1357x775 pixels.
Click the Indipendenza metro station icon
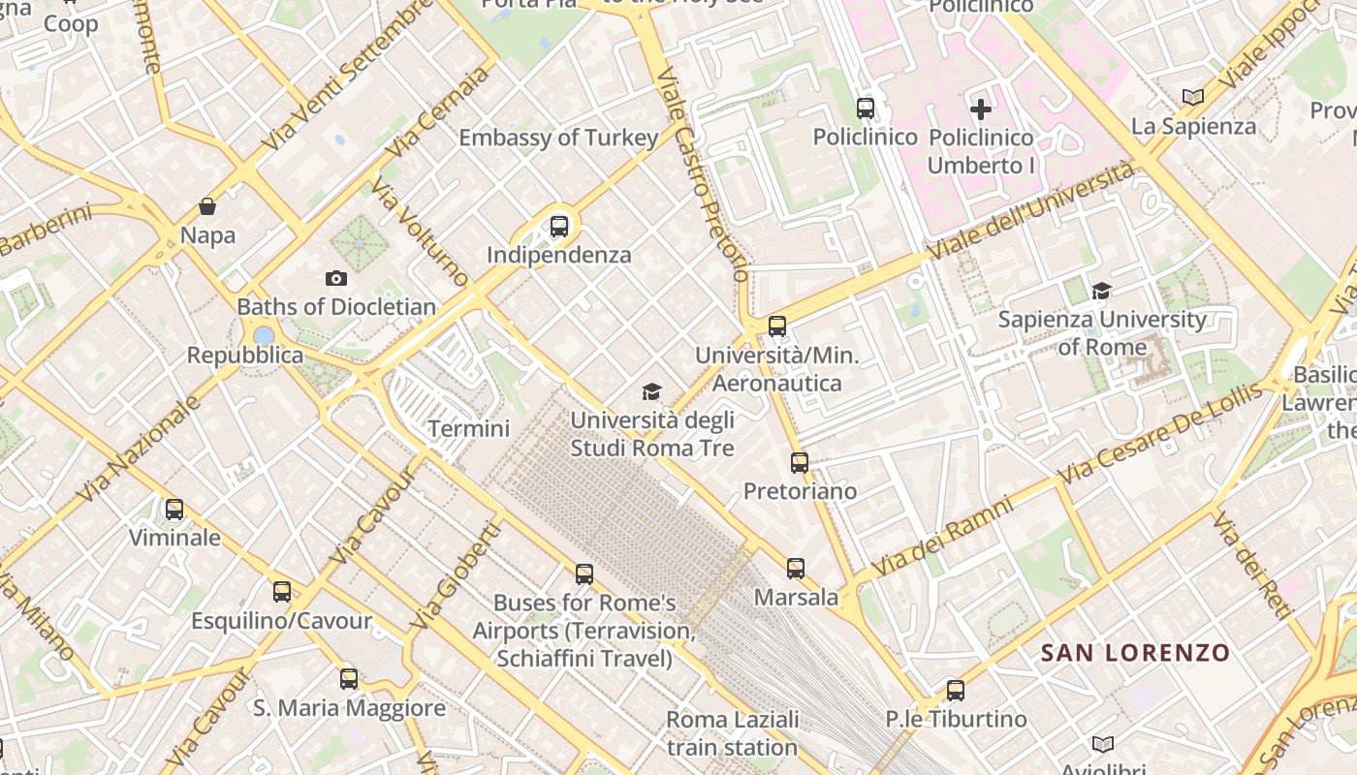(x=558, y=227)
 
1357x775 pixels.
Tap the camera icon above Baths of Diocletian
(x=335, y=279)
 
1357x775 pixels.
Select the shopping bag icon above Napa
(x=206, y=206)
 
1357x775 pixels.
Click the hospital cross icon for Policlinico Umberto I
(x=981, y=109)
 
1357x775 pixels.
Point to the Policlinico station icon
(x=866, y=108)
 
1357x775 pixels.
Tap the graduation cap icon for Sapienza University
(x=1101, y=291)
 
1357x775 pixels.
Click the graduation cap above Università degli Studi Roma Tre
(x=651, y=391)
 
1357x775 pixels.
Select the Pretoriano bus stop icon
(x=799, y=463)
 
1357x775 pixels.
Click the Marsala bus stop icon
(x=796, y=569)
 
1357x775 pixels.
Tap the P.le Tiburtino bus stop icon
(x=956, y=691)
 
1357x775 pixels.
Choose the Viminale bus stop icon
(x=174, y=510)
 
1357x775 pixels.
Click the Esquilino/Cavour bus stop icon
(x=282, y=592)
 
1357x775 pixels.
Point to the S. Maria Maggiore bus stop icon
(x=349, y=679)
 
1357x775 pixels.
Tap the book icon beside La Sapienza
(x=1193, y=97)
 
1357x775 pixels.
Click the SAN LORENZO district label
(x=1135, y=653)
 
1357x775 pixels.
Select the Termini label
(x=469, y=428)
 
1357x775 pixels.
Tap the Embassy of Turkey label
(x=558, y=138)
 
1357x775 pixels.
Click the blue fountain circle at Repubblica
(x=263, y=335)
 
